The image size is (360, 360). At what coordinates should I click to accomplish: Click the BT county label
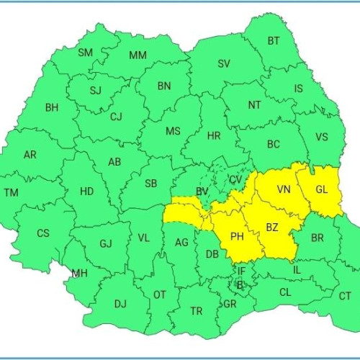coord(274,41)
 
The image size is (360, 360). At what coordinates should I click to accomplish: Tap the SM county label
coord(86,53)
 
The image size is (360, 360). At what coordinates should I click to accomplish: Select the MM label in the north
coord(138,55)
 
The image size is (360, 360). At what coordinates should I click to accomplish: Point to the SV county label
coord(224,63)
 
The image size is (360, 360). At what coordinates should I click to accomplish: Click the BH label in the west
coord(52,108)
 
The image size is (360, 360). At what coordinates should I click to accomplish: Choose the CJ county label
coord(117,116)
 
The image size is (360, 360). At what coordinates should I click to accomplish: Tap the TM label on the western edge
coord(12,193)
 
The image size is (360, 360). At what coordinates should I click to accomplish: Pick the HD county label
coord(86,192)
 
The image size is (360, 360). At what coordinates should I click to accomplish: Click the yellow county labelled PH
coord(237,235)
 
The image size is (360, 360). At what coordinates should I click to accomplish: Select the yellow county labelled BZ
coord(272,228)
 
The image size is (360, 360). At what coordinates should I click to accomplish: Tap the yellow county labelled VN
coord(284,190)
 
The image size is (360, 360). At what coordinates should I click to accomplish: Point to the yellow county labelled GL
coord(321,190)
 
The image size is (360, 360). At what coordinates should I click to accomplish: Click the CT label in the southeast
coord(346,296)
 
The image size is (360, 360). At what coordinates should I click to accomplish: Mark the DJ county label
coord(120,304)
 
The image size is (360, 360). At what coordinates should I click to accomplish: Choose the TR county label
coord(196,311)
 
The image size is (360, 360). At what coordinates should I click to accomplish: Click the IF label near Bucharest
coord(241,271)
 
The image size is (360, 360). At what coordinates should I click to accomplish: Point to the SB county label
coord(150,184)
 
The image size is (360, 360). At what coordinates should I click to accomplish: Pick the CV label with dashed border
coord(235,179)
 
